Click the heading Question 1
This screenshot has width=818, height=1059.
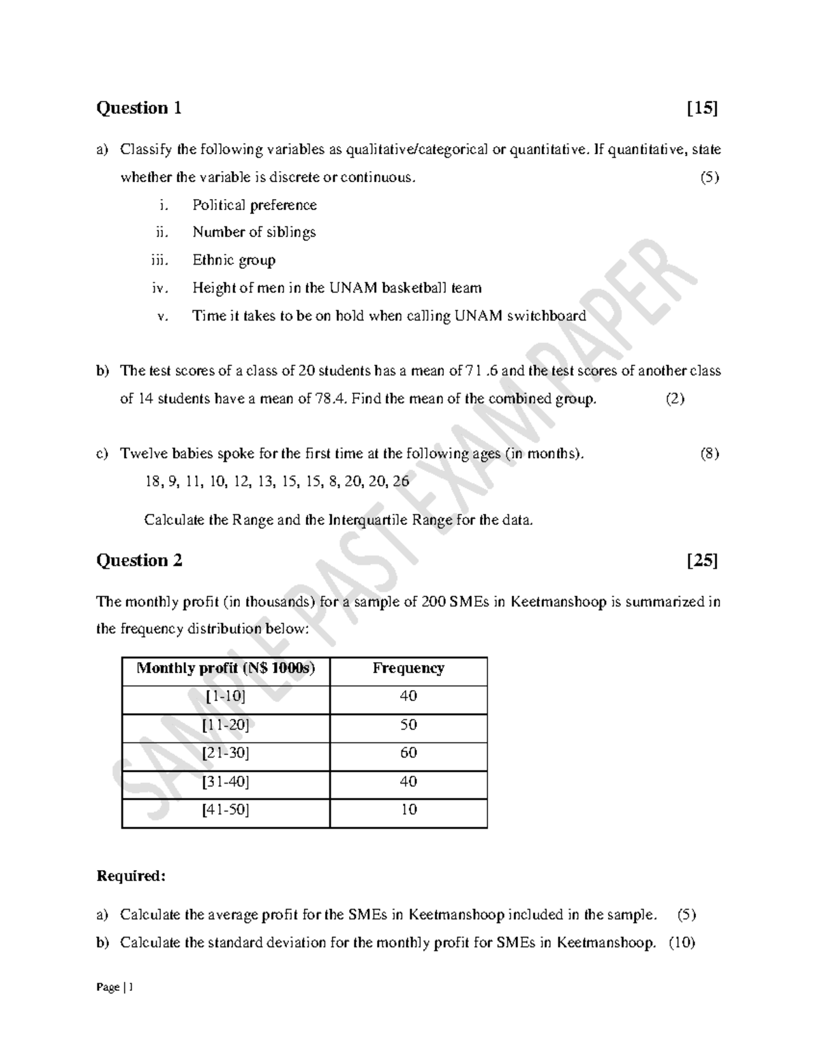pos(139,108)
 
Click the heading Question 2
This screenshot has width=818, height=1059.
pos(139,561)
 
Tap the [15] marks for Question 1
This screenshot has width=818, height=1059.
pos(702,108)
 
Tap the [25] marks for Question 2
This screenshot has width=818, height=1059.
pos(702,561)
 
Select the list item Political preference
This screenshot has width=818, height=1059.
pos(254,205)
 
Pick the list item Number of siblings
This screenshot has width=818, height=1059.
pos(254,233)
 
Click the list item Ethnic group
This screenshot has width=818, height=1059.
pos(234,260)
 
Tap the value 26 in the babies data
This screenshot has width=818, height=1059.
pos(401,481)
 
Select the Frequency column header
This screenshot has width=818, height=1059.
pos(408,668)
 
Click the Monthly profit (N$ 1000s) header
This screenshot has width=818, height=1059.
pos(226,668)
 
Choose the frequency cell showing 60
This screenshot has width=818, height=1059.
pos(408,754)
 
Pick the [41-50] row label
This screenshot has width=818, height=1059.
pos(226,810)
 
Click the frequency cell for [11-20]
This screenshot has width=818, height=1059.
pos(408,725)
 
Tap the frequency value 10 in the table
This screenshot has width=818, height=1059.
pos(408,810)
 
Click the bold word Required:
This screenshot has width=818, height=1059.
pos(131,876)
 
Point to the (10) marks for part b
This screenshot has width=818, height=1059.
pos(682,943)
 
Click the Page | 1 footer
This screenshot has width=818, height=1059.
pos(115,987)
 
